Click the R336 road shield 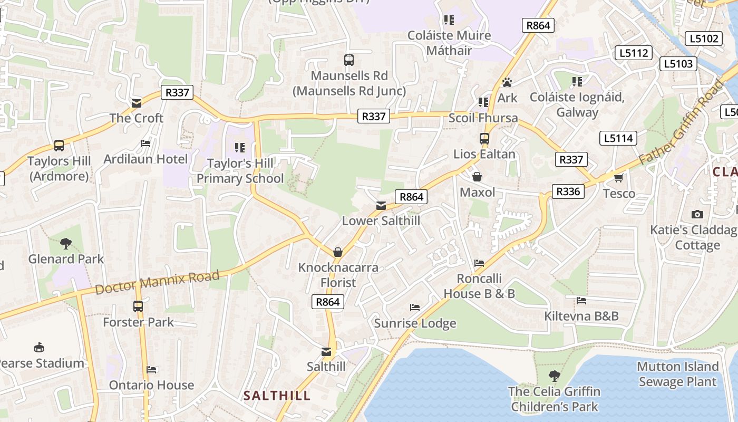(x=568, y=191)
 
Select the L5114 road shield (x=618, y=138)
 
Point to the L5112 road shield (x=634, y=53)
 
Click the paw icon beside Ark (x=507, y=82)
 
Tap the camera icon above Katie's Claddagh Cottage (x=697, y=214)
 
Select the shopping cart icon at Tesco (x=619, y=178)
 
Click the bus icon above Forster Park (x=138, y=306)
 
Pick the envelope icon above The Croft (x=137, y=103)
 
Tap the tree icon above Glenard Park (x=66, y=243)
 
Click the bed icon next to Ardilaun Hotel (x=145, y=143)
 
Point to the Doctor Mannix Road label (x=157, y=283)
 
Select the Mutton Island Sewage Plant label (x=677, y=374)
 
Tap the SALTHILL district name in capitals (x=277, y=396)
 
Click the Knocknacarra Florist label (x=338, y=275)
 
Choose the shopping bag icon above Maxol (x=477, y=177)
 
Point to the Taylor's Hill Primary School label (x=240, y=171)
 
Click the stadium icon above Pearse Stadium (x=39, y=347)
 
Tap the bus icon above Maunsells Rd (x=349, y=60)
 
